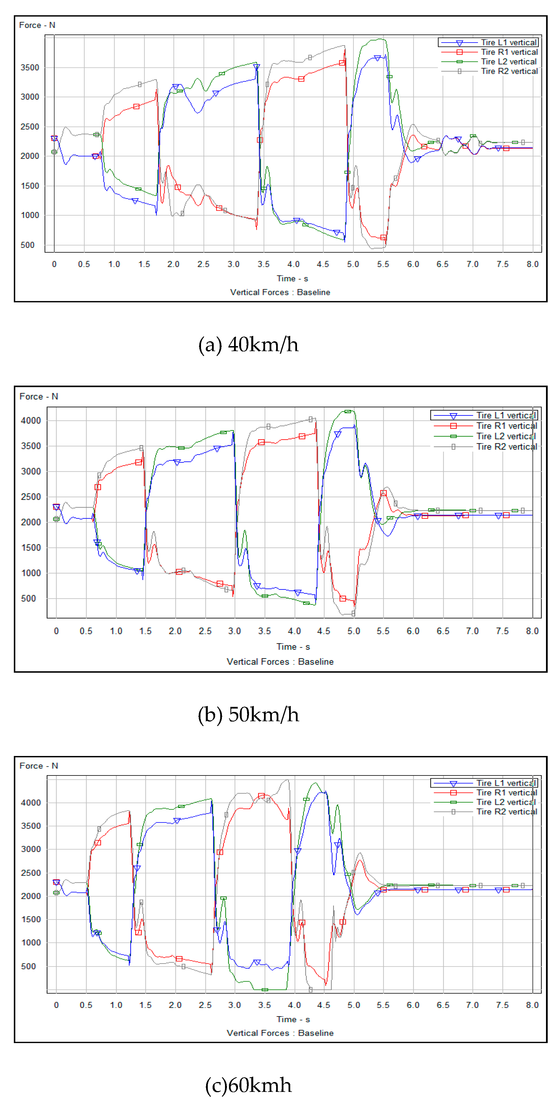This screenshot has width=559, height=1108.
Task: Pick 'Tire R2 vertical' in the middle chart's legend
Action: [506, 447]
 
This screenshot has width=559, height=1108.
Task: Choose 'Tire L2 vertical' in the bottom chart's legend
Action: [506, 802]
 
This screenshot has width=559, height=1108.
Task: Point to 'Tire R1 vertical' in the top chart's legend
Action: [509, 52]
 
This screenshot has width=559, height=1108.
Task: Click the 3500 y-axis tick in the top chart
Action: [30, 67]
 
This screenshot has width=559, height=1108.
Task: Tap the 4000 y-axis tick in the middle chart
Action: [30, 421]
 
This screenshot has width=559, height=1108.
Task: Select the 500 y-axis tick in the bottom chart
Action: [29, 966]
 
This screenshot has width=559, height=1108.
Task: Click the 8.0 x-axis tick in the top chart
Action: [532, 264]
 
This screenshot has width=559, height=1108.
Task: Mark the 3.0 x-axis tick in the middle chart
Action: [235, 631]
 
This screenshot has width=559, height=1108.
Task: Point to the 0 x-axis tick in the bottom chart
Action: [56, 1005]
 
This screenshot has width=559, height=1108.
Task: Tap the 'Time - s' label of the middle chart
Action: [293, 647]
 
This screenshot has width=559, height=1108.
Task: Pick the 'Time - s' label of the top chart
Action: [292, 279]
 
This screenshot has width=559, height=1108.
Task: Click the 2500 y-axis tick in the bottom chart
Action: [30, 873]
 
